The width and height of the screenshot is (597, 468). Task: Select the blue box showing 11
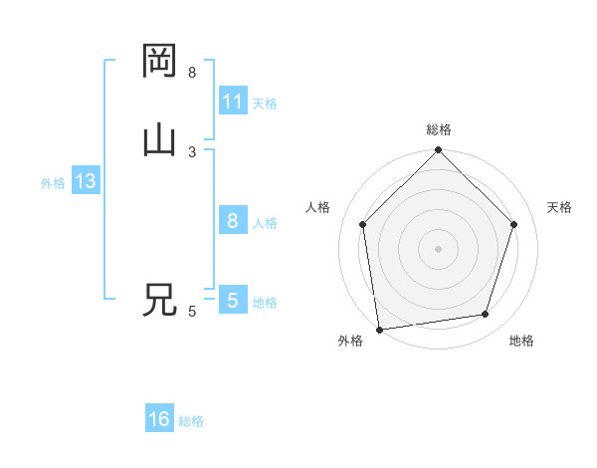pyautogui.click(x=233, y=102)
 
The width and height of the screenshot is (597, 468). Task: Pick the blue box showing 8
pyautogui.click(x=233, y=221)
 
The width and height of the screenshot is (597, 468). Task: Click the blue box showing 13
pyautogui.click(x=85, y=182)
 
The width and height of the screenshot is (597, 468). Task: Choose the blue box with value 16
pyautogui.click(x=159, y=419)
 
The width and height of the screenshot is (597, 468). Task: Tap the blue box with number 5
pyautogui.click(x=233, y=301)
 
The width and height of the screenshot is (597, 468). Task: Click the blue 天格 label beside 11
pyautogui.click(x=265, y=104)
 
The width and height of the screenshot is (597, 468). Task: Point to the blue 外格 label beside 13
pyautogui.click(x=53, y=183)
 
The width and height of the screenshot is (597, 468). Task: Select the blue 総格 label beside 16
pyautogui.click(x=191, y=421)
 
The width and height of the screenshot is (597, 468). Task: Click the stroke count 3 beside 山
pyautogui.click(x=192, y=151)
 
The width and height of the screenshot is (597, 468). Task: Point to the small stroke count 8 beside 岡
pyautogui.click(x=192, y=72)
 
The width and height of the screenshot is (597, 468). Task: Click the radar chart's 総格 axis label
pyautogui.click(x=439, y=129)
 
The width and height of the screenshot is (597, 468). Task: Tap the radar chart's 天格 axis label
pyautogui.click(x=559, y=207)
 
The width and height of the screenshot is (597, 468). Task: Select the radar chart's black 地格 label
pyautogui.click(x=521, y=341)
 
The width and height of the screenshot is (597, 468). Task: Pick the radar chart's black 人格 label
pyautogui.click(x=318, y=207)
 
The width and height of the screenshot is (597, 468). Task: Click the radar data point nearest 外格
pyautogui.click(x=379, y=329)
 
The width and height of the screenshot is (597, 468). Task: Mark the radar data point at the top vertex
pyautogui.click(x=438, y=151)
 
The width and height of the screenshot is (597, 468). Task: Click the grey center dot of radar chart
pyautogui.click(x=438, y=248)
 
